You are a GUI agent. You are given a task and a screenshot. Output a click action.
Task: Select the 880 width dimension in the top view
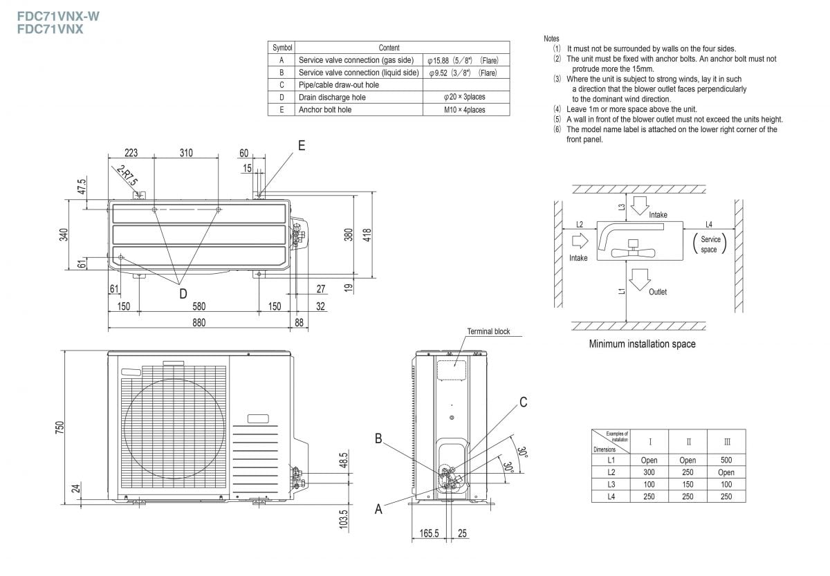pos(199,322)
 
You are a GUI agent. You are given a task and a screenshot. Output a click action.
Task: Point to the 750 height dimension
pos(60,425)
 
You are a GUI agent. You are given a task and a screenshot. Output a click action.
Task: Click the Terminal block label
pos(488,332)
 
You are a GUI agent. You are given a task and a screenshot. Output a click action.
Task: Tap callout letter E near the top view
pos(302,146)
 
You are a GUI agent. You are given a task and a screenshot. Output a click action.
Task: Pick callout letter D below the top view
pos(183,294)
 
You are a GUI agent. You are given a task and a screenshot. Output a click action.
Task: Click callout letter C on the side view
pos(524,402)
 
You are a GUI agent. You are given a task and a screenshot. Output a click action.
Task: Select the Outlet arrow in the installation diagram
pos(640,278)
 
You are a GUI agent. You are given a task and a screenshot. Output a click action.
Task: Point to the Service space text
pos(710,244)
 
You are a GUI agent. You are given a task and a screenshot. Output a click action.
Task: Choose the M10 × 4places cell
pos(465,110)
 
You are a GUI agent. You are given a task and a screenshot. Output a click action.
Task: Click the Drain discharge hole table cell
pos(332,97)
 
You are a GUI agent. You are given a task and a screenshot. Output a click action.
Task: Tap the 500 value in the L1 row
pos(726,460)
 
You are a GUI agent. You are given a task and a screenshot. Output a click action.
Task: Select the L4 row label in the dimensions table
pos(611,496)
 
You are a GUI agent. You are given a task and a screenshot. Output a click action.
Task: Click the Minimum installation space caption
pos(642,344)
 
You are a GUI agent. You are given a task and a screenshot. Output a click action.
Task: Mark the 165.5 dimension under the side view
pos(430,533)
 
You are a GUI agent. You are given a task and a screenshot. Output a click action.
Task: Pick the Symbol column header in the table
pos(282,48)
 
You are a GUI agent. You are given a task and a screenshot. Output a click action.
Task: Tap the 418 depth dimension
pos(367,234)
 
